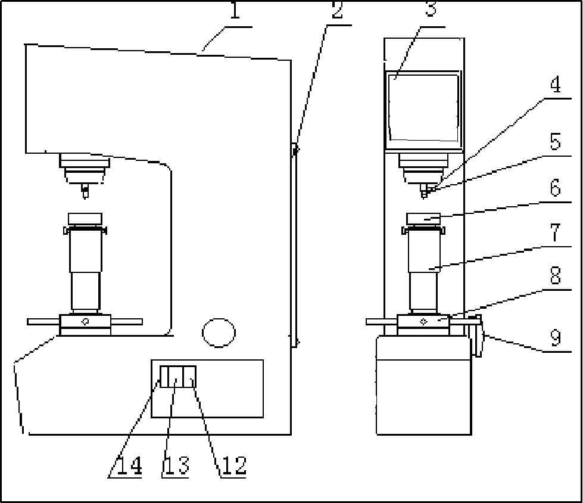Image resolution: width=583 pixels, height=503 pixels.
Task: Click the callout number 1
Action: [x=235, y=10]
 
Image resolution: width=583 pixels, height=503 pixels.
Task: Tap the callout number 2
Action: [x=337, y=10]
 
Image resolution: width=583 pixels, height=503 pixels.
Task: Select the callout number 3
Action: [x=431, y=9]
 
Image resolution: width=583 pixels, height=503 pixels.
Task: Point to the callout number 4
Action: [x=556, y=85]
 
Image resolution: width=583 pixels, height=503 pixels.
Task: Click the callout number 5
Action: [x=555, y=142]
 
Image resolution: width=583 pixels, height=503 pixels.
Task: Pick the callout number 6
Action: [x=555, y=188]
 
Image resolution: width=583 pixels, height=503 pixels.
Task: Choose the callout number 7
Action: [x=555, y=232]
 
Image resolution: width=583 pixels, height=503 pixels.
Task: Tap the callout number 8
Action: [x=555, y=276]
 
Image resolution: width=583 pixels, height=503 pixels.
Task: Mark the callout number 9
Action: [x=556, y=338]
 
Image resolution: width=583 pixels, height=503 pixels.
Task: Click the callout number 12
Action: [x=234, y=465]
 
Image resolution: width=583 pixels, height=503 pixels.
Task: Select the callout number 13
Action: [x=177, y=465]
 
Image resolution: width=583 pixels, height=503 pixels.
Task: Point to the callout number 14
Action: [x=129, y=465]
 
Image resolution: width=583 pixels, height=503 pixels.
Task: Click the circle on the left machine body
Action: [x=219, y=333]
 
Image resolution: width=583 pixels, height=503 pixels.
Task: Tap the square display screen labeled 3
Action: [x=423, y=107]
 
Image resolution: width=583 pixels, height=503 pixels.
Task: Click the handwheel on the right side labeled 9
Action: [x=478, y=336]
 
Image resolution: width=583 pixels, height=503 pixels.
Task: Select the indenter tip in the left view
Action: [x=85, y=191]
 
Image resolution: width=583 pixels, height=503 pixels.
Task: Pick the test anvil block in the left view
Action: [x=85, y=219]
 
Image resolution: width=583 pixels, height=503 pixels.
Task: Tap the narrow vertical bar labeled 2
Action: [x=294, y=244]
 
